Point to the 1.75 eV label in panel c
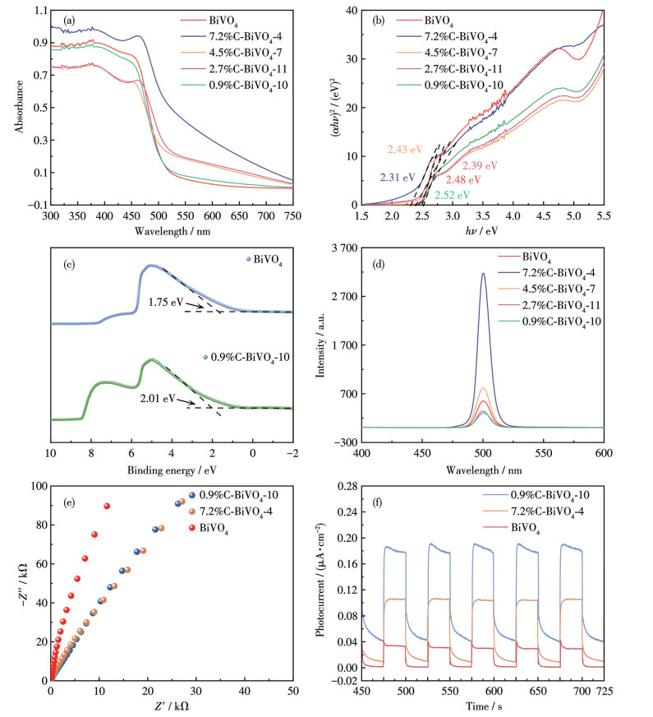pyautogui.click(x=163, y=302)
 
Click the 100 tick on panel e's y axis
pyautogui.click(x=35, y=486)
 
